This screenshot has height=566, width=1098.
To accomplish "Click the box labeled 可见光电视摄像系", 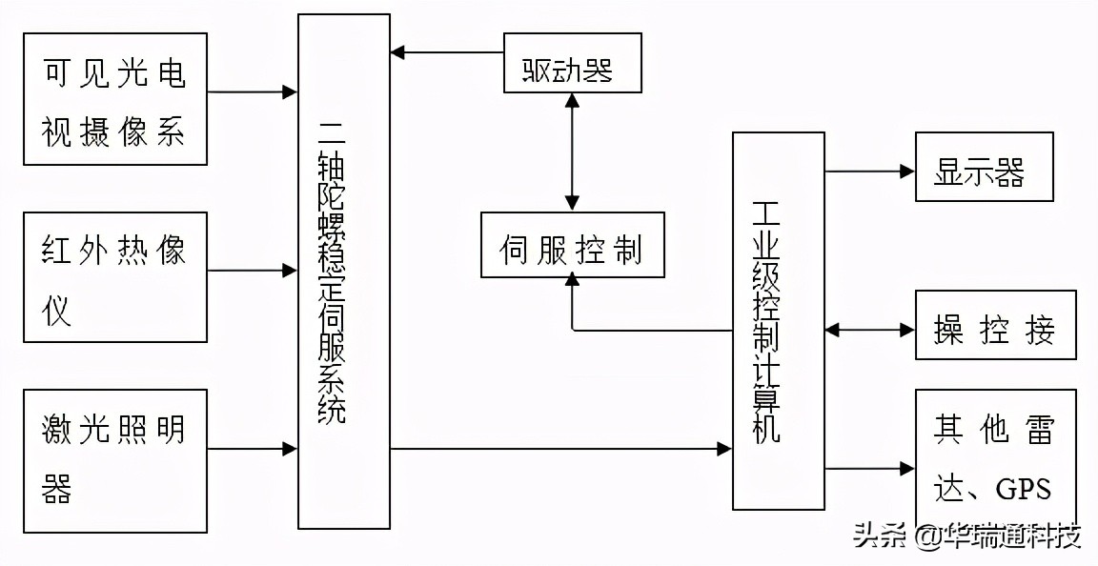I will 115,99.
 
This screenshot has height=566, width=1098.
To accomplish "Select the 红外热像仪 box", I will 115,276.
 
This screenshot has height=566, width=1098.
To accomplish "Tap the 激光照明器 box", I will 115,460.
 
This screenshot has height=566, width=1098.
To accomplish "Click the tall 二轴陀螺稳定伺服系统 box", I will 343,272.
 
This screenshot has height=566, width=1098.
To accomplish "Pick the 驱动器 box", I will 572,63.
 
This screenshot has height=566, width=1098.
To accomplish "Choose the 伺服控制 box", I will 572,245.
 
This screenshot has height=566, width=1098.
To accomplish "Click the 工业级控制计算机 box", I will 778,320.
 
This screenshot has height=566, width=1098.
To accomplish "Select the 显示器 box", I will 985,167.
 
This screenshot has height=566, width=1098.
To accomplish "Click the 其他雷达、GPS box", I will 995,460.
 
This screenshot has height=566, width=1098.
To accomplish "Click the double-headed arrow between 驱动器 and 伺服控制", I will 572,152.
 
